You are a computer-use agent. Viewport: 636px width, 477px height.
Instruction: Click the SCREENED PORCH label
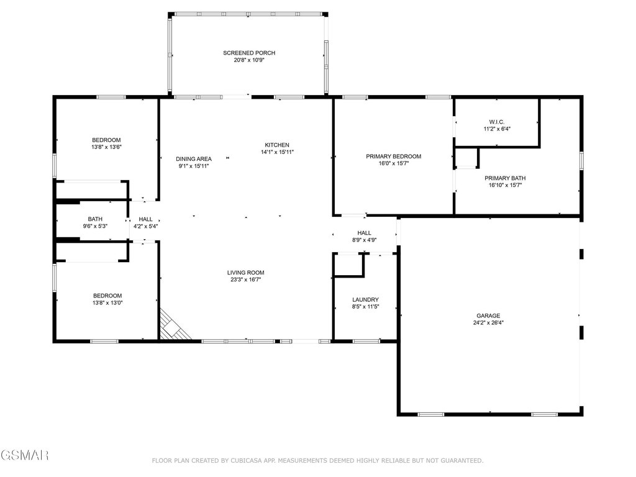249,53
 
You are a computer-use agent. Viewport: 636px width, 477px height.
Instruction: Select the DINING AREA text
194,159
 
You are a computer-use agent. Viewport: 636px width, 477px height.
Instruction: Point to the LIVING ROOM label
245,272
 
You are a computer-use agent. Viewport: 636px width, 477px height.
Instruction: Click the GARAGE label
488,316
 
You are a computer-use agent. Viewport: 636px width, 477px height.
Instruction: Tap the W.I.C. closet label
496,121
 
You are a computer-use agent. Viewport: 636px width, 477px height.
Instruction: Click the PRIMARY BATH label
505,178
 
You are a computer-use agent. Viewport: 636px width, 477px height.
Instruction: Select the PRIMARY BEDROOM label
393,156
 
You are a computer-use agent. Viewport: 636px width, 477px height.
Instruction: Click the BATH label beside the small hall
95,219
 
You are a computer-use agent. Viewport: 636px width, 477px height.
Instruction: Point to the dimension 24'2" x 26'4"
488,323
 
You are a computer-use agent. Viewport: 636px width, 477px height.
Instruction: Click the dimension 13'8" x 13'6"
106,148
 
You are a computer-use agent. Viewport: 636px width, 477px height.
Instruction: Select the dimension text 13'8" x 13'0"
107,303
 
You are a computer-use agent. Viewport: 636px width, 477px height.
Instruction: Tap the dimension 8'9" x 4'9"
364,240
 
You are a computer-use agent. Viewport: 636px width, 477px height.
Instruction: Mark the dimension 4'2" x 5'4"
145,227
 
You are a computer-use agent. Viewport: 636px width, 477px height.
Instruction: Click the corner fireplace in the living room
172,327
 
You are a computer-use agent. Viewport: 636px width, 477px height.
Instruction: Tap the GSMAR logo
25,456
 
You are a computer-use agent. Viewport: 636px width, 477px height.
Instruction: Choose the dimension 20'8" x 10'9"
249,60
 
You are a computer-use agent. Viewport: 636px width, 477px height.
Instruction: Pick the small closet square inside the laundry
348,265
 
